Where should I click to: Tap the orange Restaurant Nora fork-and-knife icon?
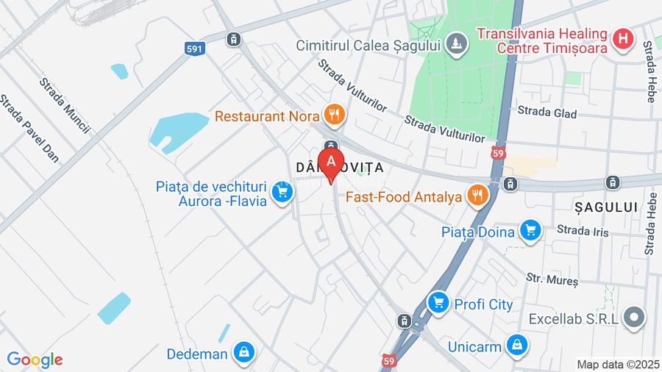[335, 115]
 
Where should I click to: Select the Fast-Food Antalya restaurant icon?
[478, 196]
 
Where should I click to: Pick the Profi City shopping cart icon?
[438, 302]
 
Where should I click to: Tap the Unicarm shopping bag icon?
[518, 346]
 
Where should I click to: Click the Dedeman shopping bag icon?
[243, 353]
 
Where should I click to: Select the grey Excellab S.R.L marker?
[633, 318]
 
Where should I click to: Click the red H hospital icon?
[624, 39]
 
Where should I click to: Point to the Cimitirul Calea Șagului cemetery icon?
[457, 45]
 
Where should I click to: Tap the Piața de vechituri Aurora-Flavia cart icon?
[281, 193]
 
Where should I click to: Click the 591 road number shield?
[193, 49]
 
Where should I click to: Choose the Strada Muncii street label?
[65, 106]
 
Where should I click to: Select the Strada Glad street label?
[547, 113]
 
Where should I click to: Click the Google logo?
[35, 360]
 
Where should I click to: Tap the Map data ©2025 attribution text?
[618, 364]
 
